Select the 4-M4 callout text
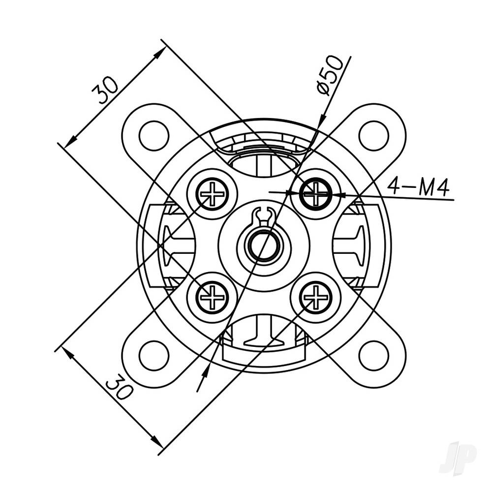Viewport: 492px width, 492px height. [418, 186]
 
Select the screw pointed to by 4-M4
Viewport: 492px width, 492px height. [315, 194]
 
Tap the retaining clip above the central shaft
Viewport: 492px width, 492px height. [264, 216]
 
